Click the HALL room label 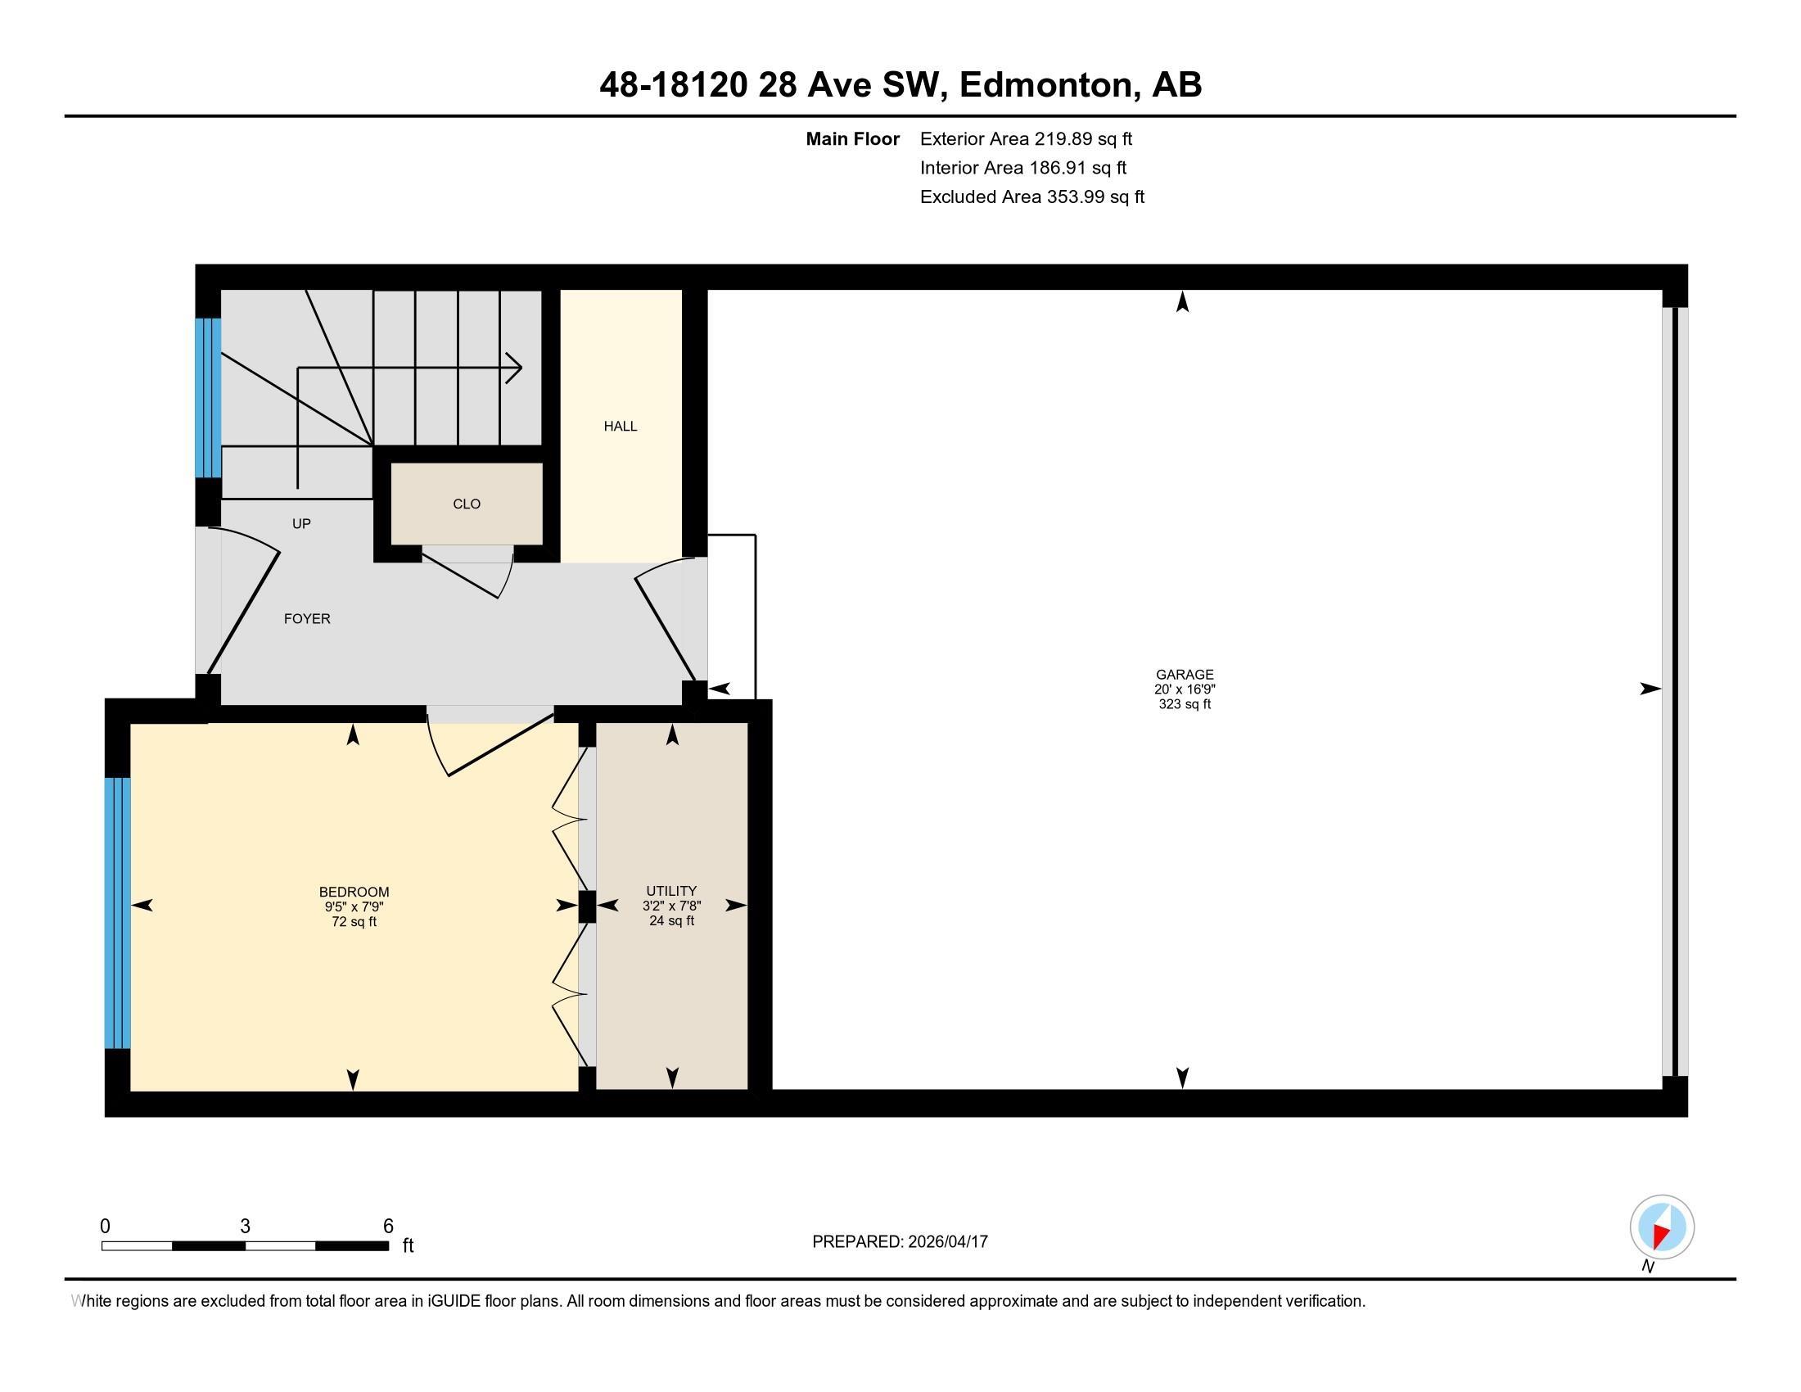click(621, 427)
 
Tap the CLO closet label click(467, 504)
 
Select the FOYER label click(307, 618)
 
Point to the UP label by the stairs click(301, 524)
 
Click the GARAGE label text click(1185, 675)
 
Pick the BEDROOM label click(354, 893)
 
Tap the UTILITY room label click(671, 891)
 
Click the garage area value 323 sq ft click(1185, 704)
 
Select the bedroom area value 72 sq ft click(354, 922)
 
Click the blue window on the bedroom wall click(118, 913)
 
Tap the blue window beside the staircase click(208, 397)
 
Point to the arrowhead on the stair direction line click(514, 368)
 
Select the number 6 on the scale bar click(388, 1227)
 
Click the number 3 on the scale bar click(245, 1227)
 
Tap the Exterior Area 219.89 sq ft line click(1026, 139)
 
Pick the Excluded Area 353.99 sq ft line click(1032, 197)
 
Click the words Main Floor click(853, 139)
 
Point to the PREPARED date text click(900, 1242)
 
